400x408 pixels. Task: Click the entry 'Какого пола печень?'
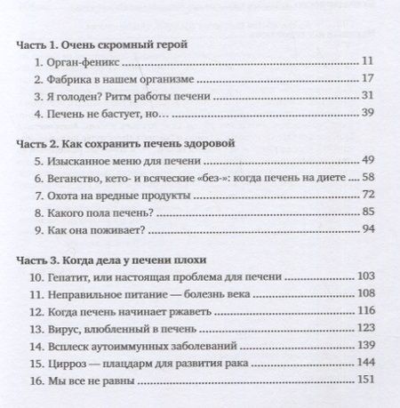[100, 212]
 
